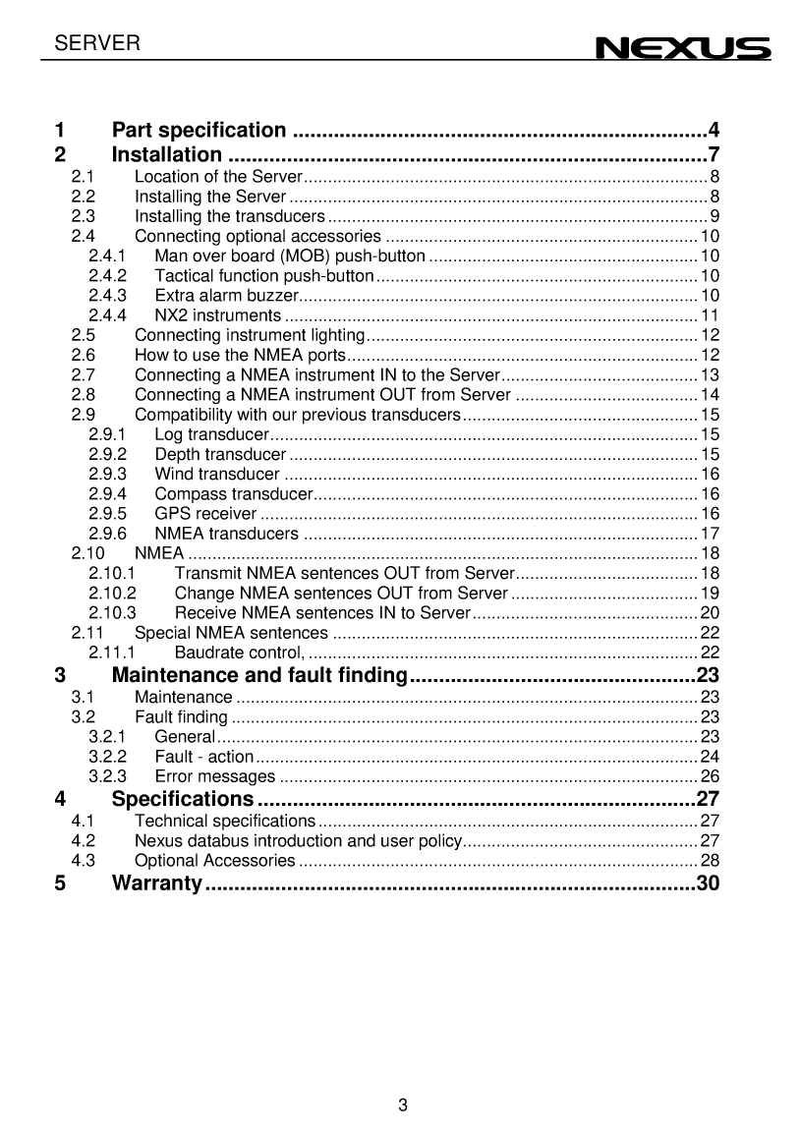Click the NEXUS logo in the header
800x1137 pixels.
(684, 47)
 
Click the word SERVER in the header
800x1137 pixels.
(97, 43)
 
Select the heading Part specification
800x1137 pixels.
(200, 130)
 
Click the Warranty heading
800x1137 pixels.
(157, 882)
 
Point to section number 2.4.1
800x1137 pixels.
(107, 256)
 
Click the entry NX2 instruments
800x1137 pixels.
(218, 315)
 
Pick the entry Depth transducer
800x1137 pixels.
(220, 454)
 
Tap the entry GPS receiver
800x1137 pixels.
(206, 514)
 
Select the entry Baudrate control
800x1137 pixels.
(239, 653)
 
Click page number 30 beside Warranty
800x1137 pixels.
(708, 882)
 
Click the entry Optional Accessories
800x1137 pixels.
(214, 861)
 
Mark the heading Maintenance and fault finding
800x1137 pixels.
(259, 675)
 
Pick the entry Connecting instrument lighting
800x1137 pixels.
(250, 335)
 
